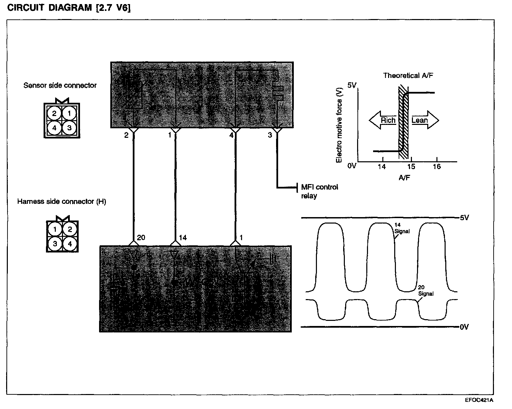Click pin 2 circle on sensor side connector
tap(54, 113)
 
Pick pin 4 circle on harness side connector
tap(70, 244)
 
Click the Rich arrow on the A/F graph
tap(383, 120)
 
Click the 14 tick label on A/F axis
tap(382, 166)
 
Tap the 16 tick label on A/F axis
tap(437, 166)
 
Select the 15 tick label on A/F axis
tap(411, 166)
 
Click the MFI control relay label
tap(319, 192)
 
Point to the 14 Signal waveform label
tap(402, 228)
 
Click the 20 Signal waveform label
tap(426, 291)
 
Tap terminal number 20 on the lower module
tap(141, 238)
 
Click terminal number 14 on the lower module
tap(183, 238)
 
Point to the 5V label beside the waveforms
tap(464, 218)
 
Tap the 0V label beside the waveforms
tap(464, 327)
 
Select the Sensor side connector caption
tap(60, 85)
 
